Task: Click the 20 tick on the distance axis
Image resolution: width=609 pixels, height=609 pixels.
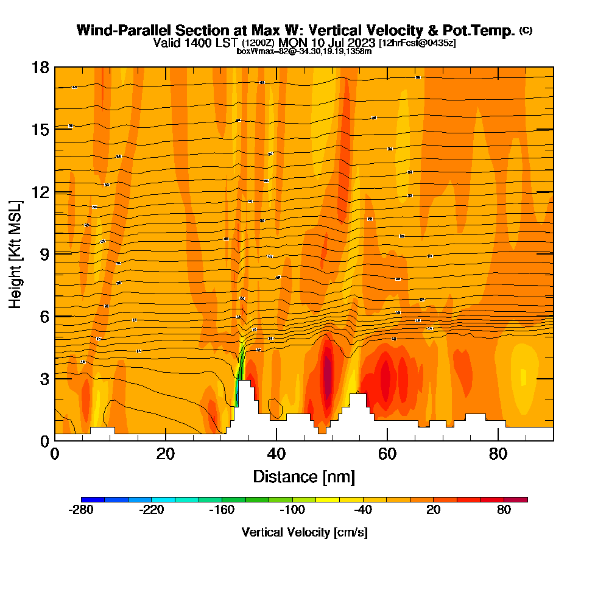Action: (x=166, y=454)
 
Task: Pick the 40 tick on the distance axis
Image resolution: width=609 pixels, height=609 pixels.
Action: (x=276, y=454)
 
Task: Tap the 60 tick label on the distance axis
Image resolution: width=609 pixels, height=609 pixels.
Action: (x=387, y=454)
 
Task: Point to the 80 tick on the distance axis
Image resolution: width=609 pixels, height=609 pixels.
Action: (x=498, y=454)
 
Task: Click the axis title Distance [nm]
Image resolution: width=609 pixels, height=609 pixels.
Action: (x=304, y=476)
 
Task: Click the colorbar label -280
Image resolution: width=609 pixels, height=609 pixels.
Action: (x=82, y=510)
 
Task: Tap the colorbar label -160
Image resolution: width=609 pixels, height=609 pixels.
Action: (x=222, y=510)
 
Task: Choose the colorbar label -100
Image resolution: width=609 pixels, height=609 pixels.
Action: (x=292, y=510)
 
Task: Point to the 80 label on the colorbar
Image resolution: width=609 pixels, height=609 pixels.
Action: (x=504, y=510)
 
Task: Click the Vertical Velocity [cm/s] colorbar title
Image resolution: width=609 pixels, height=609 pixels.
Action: (x=304, y=532)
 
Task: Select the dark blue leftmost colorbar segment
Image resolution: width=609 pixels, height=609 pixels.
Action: (x=93, y=499)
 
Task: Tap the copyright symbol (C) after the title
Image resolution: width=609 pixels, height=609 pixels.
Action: (x=526, y=30)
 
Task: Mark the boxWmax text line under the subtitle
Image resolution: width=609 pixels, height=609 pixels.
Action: (x=304, y=51)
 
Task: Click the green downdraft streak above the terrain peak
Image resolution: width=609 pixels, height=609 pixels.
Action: (x=240, y=371)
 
